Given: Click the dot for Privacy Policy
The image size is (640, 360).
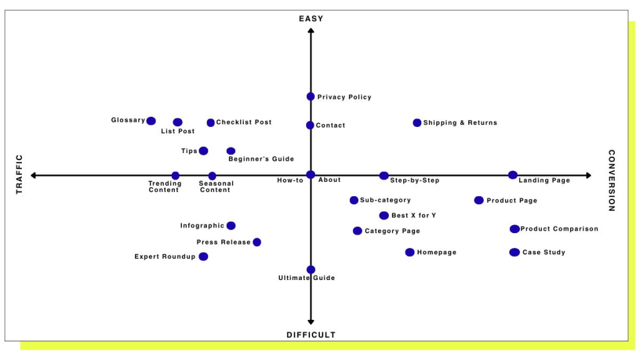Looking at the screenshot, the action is pyautogui.click(x=311, y=97).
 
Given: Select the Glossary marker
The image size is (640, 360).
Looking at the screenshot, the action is pyautogui.click(x=151, y=121).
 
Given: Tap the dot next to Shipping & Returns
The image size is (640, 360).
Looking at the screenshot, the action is pyautogui.click(x=417, y=123).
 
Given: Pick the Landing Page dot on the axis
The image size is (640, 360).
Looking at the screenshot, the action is pyautogui.click(x=512, y=175).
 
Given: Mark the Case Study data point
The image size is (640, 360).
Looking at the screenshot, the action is pyautogui.click(x=514, y=252).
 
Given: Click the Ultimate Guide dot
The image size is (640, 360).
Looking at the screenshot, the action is pyautogui.click(x=311, y=270).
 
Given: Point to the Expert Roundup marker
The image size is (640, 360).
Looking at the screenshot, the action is pyautogui.click(x=203, y=256).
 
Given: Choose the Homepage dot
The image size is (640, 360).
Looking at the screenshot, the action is pyautogui.click(x=410, y=252).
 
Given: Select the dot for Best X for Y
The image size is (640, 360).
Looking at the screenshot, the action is pyautogui.click(x=384, y=216).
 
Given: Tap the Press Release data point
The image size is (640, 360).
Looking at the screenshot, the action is pyautogui.click(x=257, y=242).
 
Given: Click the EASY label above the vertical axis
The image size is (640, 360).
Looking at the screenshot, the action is pyautogui.click(x=311, y=19).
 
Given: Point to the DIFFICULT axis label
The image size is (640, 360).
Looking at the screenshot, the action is pyautogui.click(x=311, y=335).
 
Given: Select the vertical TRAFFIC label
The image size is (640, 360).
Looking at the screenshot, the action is pyautogui.click(x=19, y=174).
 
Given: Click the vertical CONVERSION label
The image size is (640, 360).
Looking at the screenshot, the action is pyautogui.click(x=611, y=181).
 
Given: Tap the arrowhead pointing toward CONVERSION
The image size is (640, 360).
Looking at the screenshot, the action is pyautogui.click(x=589, y=176).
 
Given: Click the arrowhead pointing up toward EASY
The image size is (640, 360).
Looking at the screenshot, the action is pyautogui.click(x=311, y=31).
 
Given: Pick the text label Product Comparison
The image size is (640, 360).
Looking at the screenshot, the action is pyautogui.click(x=559, y=229).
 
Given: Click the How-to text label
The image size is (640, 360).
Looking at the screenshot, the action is pyautogui.click(x=290, y=181).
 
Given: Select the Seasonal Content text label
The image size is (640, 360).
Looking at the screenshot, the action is pyautogui.click(x=216, y=186).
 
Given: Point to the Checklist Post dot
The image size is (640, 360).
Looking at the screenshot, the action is pyautogui.click(x=211, y=122).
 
